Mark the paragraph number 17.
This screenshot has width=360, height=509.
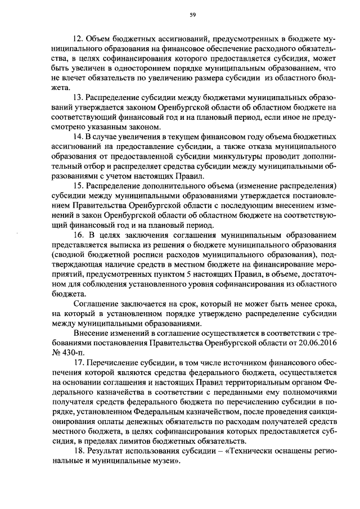pos(79,361)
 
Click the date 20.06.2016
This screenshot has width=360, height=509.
pos(317,341)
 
